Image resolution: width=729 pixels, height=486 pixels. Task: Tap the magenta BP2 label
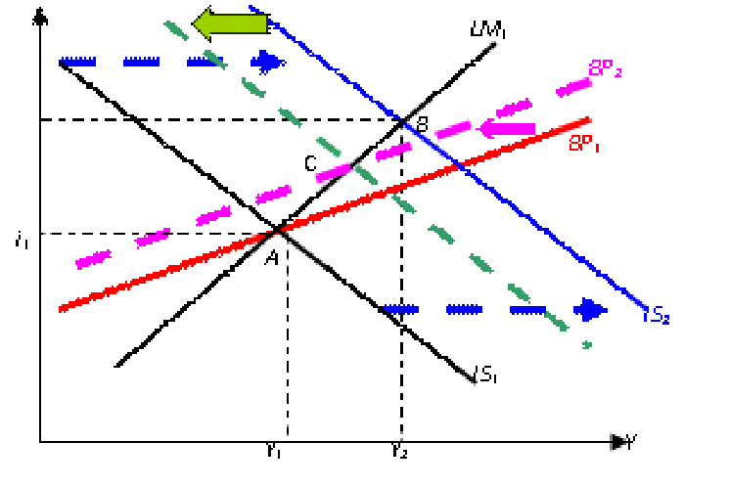click(x=606, y=68)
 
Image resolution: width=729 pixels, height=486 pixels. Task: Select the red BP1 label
click(x=586, y=143)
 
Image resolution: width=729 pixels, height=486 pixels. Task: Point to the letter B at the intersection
click(x=423, y=123)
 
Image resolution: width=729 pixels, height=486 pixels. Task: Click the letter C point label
click(x=310, y=163)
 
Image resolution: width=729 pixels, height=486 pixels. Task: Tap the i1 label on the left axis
click(x=22, y=240)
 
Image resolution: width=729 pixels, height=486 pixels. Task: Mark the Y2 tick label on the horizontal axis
click(x=398, y=451)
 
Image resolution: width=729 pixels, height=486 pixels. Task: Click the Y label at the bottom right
click(x=631, y=443)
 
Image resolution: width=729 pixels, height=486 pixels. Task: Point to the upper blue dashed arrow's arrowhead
click(x=267, y=62)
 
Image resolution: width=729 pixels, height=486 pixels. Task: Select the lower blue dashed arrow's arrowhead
click(x=590, y=309)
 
